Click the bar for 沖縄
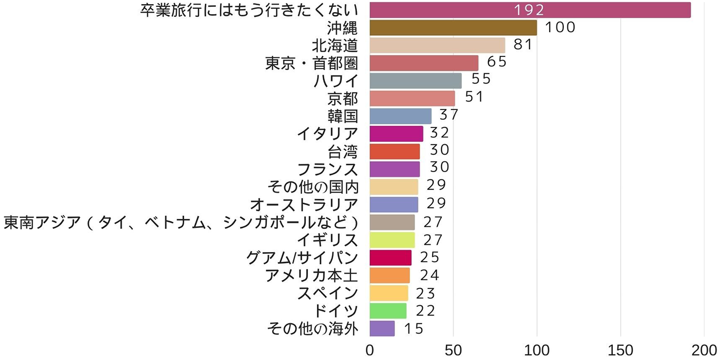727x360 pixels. tap(453, 27)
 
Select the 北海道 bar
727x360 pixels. tap(437, 45)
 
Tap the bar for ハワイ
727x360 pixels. tap(415, 81)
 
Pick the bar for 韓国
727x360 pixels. tap(400, 116)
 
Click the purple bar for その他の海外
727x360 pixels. tap(382, 328)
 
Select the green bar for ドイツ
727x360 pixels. tap(387, 311)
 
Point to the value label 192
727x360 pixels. tap(529, 10)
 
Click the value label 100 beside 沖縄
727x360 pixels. tap(560, 27)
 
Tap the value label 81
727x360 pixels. tap(524, 45)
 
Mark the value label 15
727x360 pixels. tap(414, 328)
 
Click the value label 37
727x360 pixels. tap(449, 116)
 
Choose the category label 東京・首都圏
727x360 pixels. tap(312, 63)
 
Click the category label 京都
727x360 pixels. tap(342, 98)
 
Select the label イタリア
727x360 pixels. tap(327, 134)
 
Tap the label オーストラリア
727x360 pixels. tap(304, 204)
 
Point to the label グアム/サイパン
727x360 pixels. tap(302, 258)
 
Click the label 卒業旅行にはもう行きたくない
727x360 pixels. tap(249, 10)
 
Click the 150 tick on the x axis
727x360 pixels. tap(621, 350)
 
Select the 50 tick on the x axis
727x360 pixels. tap(453, 350)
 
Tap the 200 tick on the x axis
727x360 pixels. tap(704, 350)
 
